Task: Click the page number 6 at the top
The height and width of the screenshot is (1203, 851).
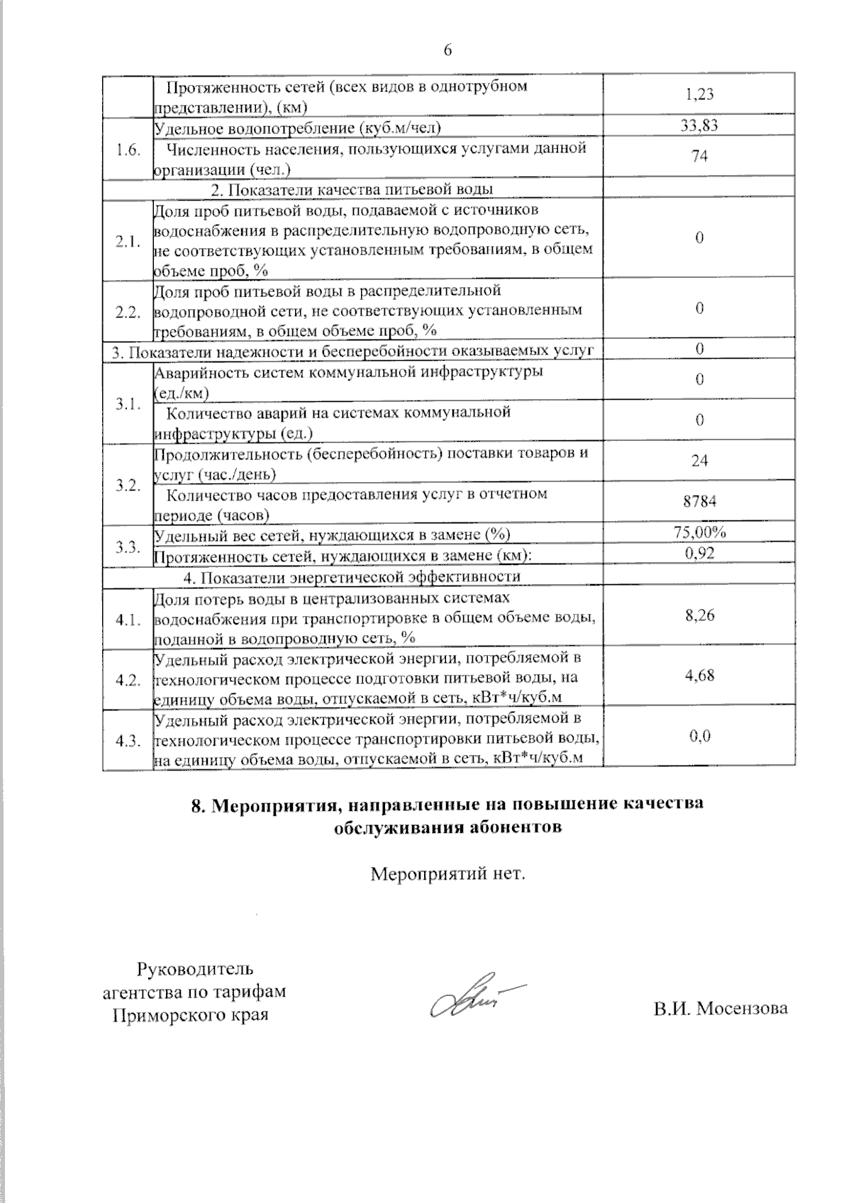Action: (x=447, y=50)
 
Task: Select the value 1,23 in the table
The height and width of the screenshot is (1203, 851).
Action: (x=699, y=94)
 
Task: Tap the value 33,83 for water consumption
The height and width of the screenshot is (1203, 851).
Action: (x=699, y=126)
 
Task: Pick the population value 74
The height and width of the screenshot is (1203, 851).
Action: (x=699, y=157)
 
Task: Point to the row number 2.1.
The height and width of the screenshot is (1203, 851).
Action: (x=128, y=241)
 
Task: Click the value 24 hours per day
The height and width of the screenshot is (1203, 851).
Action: (x=699, y=461)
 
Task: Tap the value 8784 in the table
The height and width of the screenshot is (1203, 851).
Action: (x=699, y=501)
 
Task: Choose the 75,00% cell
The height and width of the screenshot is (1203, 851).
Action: (x=699, y=533)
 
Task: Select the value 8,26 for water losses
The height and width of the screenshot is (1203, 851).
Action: (x=699, y=615)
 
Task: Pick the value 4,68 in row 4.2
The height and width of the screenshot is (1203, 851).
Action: (x=699, y=676)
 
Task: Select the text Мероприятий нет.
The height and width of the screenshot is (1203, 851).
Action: (x=447, y=873)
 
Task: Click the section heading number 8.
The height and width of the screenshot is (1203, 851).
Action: (x=198, y=806)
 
